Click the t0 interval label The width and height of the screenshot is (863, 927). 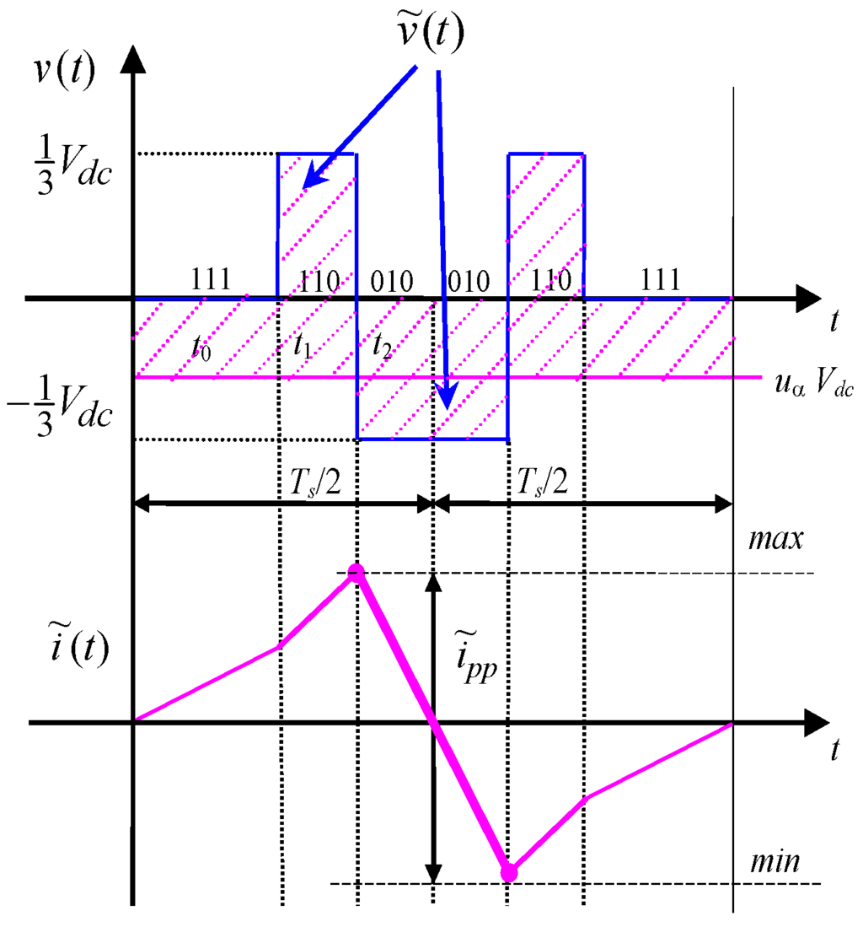(201, 347)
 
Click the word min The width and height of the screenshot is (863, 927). (775, 862)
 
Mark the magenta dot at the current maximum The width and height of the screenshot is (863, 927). (356, 574)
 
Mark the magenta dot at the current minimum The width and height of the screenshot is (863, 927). (508, 873)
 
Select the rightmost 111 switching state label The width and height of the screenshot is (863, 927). (658, 281)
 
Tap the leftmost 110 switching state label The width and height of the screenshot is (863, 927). (320, 281)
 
